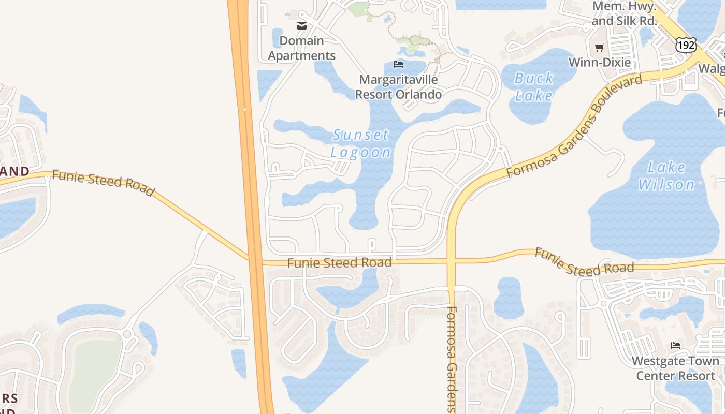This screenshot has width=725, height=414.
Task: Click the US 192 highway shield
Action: [x=686, y=45]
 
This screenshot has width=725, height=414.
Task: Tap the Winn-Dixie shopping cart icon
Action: [x=599, y=48]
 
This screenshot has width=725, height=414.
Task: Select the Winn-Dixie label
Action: [x=599, y=63]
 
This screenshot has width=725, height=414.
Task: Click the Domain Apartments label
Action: [x=302, y=48]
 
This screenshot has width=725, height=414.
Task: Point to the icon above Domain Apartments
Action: [x=302, y=26]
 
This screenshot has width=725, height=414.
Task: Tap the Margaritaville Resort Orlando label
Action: [x=398, y=87]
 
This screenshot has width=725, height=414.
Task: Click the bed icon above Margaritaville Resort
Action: [x=398, y=64]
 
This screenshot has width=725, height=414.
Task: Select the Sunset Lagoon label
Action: [x=360, y=143]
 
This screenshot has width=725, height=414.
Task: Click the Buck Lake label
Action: [x=533, y=87]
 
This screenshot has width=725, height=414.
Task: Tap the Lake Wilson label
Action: [x=666, y=176]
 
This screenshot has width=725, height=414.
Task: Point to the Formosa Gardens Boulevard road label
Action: [x=575, y=126]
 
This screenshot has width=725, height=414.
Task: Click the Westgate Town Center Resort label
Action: [x=675, y=368]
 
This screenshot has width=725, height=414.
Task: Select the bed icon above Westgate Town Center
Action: [x=675, y=346]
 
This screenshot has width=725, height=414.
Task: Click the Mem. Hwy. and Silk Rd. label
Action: [x=624, y=13]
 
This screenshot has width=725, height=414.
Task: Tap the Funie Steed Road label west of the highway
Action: [x=103, y=183]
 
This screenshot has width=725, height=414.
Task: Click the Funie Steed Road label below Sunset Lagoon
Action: [x=339, y=263]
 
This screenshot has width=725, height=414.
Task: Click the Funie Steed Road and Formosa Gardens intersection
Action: [x=452, y=261]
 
